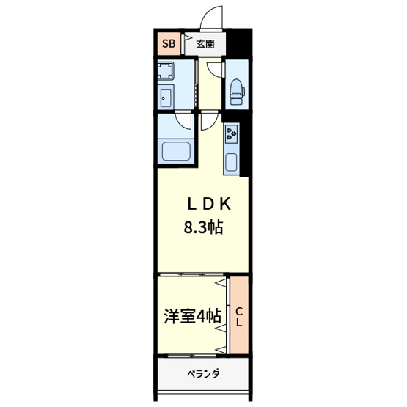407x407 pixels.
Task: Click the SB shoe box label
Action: point(168,43)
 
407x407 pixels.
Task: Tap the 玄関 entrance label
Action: point(205,43)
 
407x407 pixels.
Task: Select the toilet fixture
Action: point(236,89)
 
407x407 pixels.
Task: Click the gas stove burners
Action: point(233,134)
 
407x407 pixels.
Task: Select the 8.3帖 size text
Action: point(203,228)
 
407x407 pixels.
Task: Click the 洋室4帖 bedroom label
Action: point(192,317)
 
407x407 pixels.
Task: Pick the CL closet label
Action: point(239,317)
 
